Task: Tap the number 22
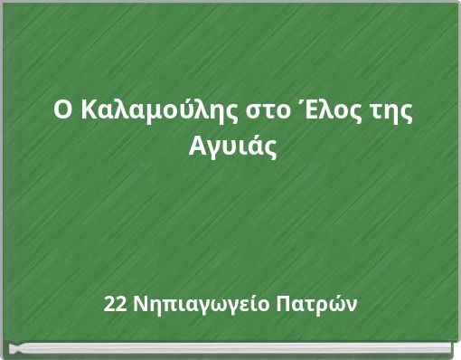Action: [x=116, y=302]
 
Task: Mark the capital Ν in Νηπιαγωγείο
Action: [x=138, y=302]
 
